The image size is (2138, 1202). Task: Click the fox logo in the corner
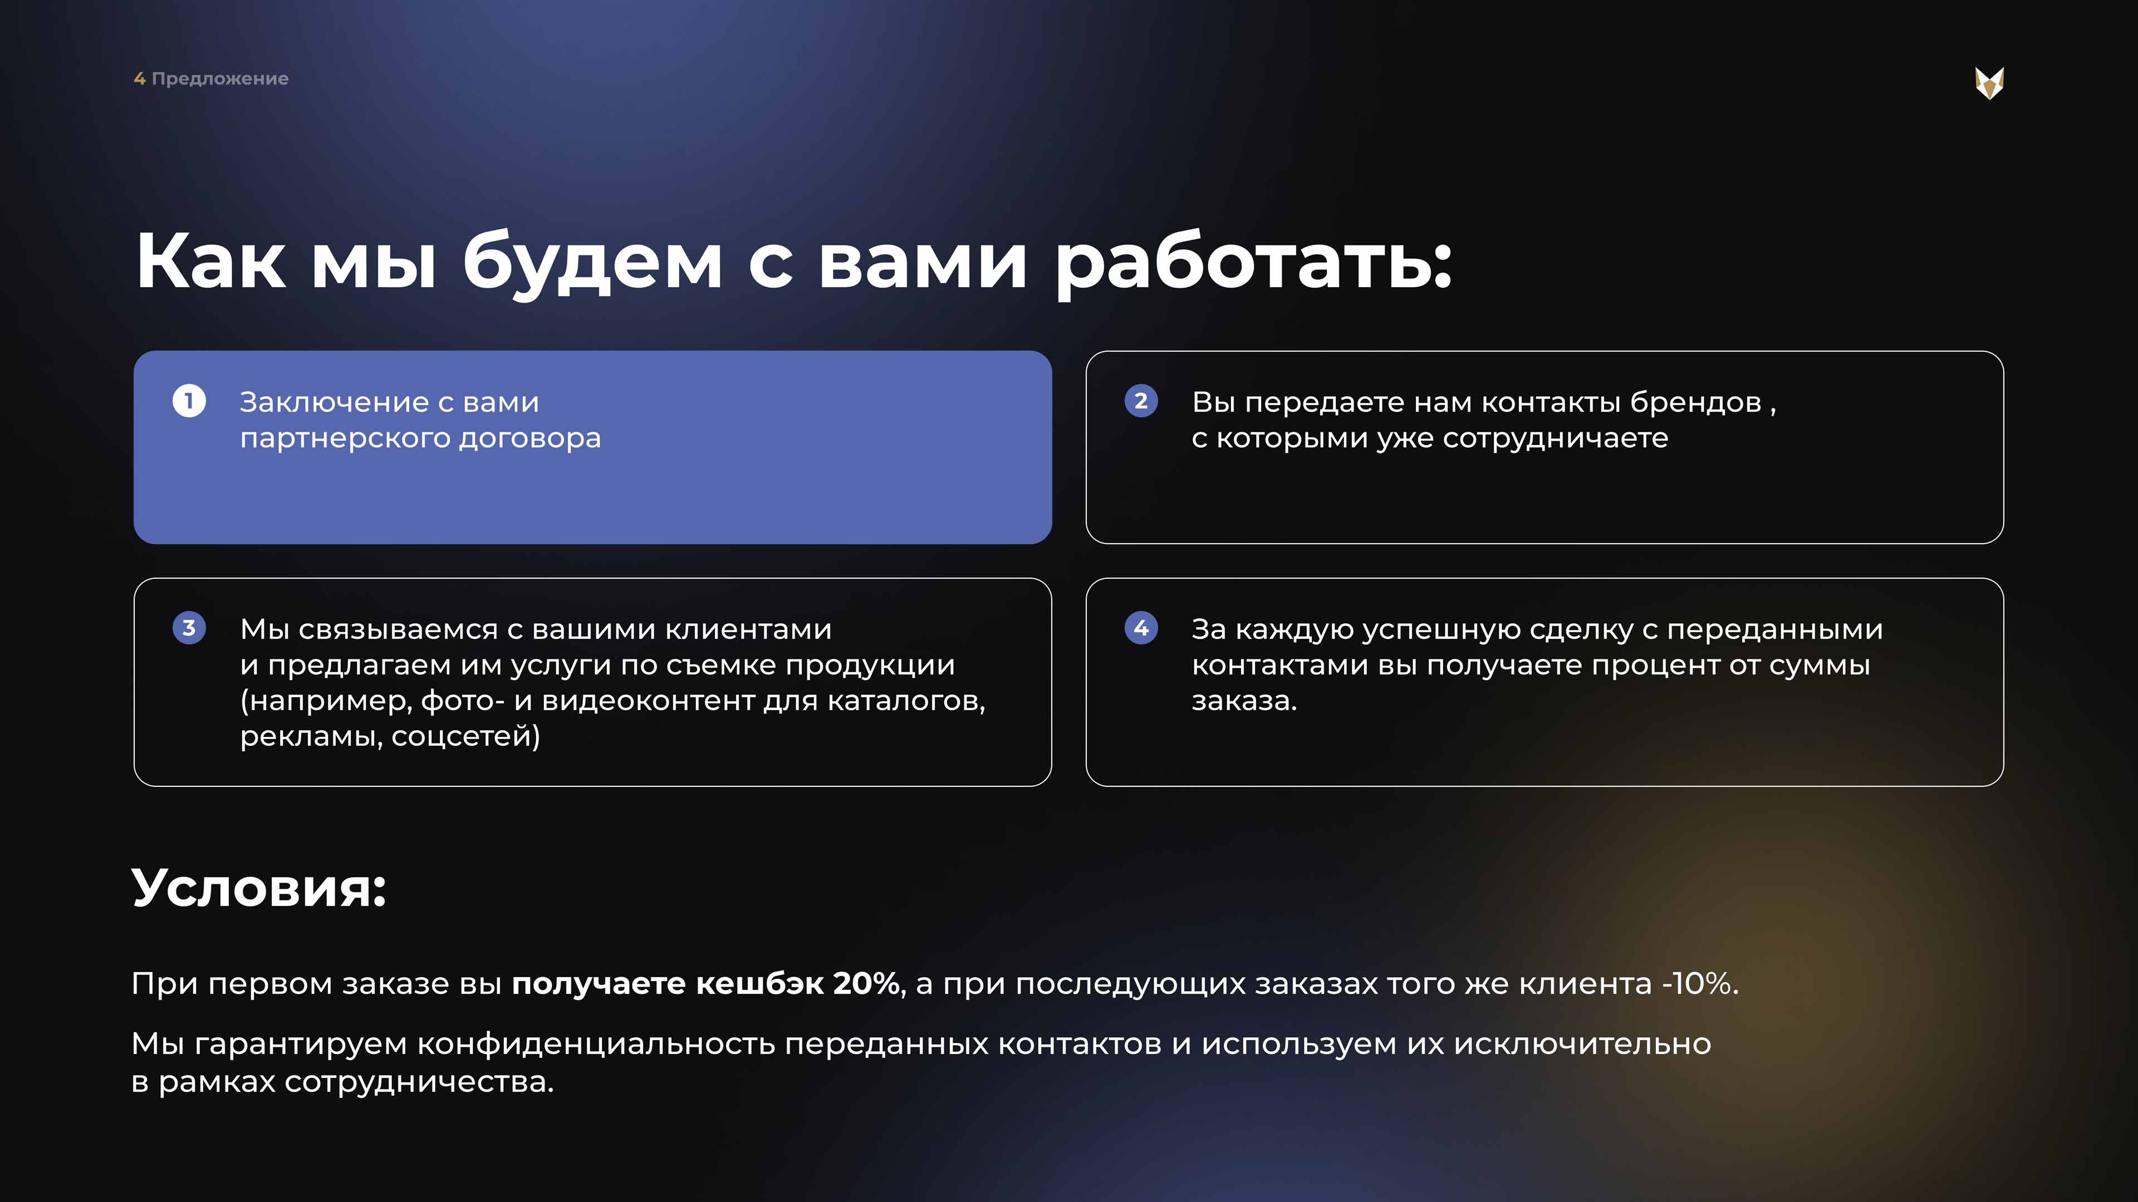pos(1989,83)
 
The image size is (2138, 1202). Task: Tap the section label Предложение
pos(220,79)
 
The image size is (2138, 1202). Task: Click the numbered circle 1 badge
pos(189,401)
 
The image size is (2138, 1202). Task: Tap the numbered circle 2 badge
pos(1141,401)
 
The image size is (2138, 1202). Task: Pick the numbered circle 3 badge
pos(189,628)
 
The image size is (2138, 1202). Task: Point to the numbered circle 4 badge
pos(1141,628)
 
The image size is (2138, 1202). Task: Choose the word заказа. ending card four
pos(1244,702)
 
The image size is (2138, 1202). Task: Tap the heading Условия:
pos(259,889)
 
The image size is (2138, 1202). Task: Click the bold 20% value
pos(866,984)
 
